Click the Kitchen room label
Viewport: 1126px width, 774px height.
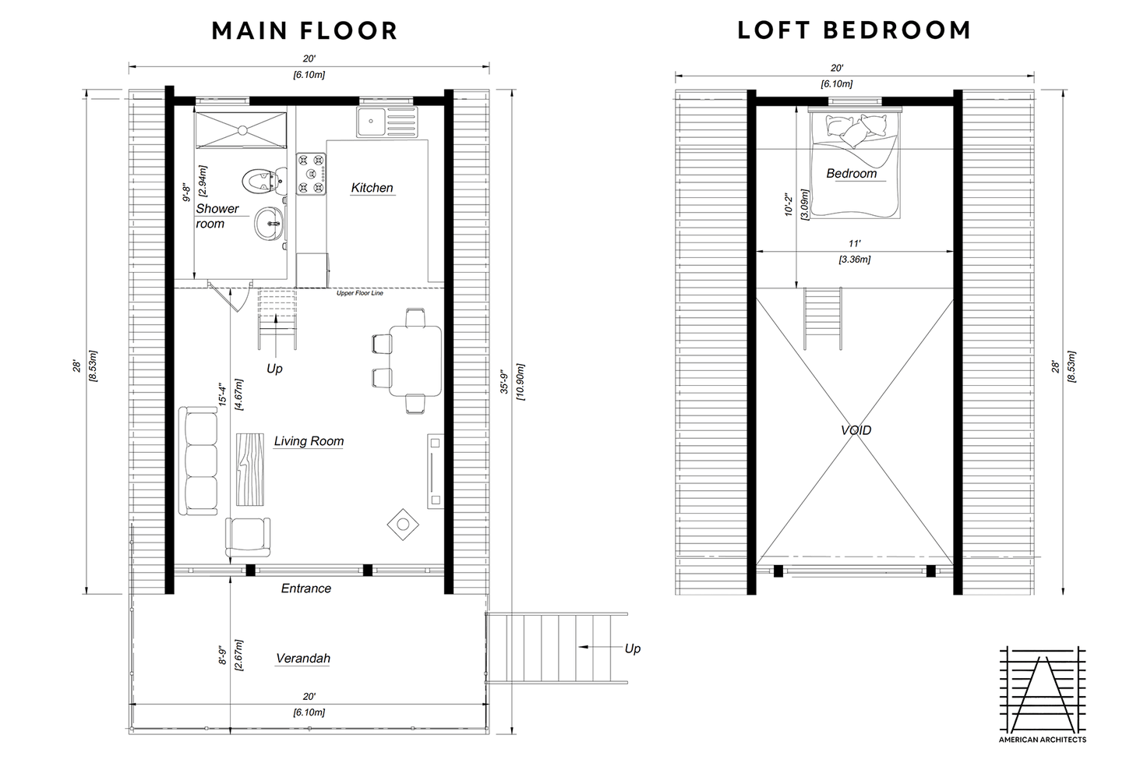(x=372, y=188)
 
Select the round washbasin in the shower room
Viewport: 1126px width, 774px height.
(x=268, y=224)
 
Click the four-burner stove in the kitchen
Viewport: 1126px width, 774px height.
(x=311, y=174)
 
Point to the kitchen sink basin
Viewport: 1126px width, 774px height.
(x=371, y=121)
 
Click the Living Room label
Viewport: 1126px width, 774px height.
(x=309, y=441)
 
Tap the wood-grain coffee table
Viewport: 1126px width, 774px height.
(x=250, y=469)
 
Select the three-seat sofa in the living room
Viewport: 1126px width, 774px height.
(x=198, y=461)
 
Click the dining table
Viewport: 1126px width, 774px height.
(x=415, y=361)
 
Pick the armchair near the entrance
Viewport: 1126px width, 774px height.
(x=247, y=536)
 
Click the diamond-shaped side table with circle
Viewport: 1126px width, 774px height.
(x=403, y=525)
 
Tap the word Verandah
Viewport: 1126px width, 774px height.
(x=303, y=658)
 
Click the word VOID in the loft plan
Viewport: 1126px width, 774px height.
(x=856, y=430)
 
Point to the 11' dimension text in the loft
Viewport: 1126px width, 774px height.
(x=855, y=243)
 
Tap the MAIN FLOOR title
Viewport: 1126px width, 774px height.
(x=305, y=30)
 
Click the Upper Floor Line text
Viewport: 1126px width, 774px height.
(x=360, y=293)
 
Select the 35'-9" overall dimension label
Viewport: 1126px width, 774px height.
(x=504, y=382)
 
